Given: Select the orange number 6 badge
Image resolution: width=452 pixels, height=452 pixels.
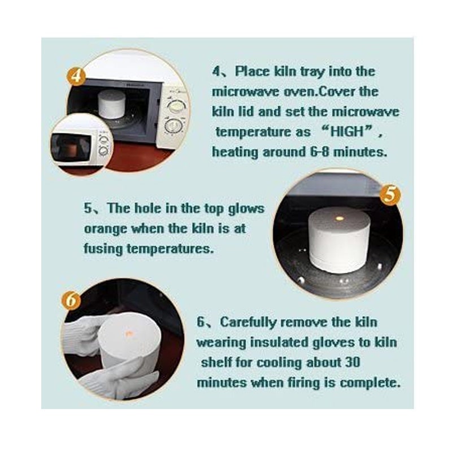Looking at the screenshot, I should point(71,300).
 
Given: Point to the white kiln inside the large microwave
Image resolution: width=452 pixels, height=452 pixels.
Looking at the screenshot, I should point(111,104).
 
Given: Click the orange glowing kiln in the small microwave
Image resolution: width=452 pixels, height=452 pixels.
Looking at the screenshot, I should point(72,149).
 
